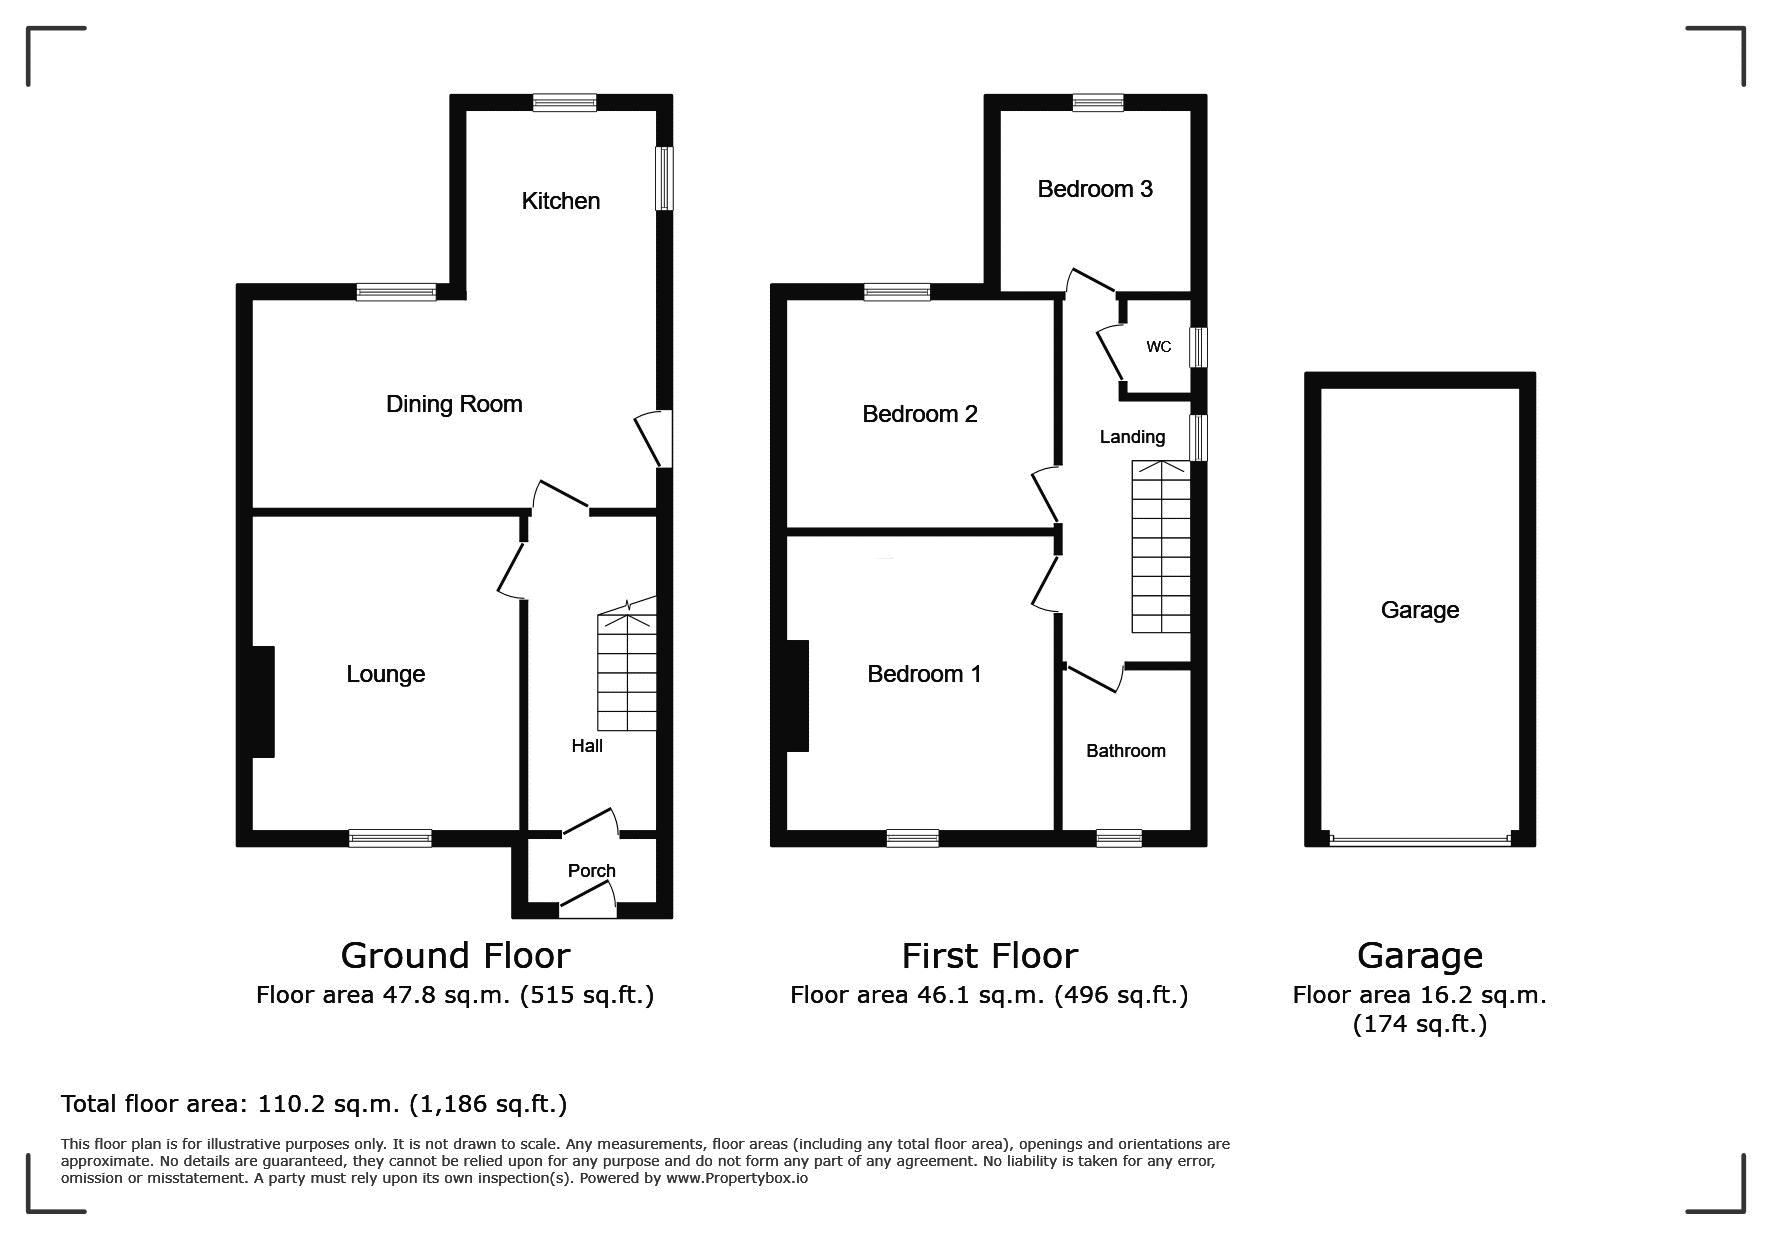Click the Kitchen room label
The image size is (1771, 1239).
561,201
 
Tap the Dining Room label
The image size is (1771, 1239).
454,404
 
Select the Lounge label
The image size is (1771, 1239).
386,675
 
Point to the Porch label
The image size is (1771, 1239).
592,871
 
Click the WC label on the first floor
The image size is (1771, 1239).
1159,347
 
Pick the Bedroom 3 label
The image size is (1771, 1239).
1095,189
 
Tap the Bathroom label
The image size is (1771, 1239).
1126,751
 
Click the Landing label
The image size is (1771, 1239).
1132,437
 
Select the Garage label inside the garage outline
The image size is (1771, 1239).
1420,610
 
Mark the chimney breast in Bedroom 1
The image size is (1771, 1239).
797,696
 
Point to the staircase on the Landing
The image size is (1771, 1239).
1161,546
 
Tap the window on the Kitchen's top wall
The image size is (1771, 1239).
565,102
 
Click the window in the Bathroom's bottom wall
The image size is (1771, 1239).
1119,838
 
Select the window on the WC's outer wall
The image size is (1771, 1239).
1198,347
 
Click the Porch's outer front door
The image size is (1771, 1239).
587,908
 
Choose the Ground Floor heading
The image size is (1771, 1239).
455,956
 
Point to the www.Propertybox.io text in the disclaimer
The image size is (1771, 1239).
737,1178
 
